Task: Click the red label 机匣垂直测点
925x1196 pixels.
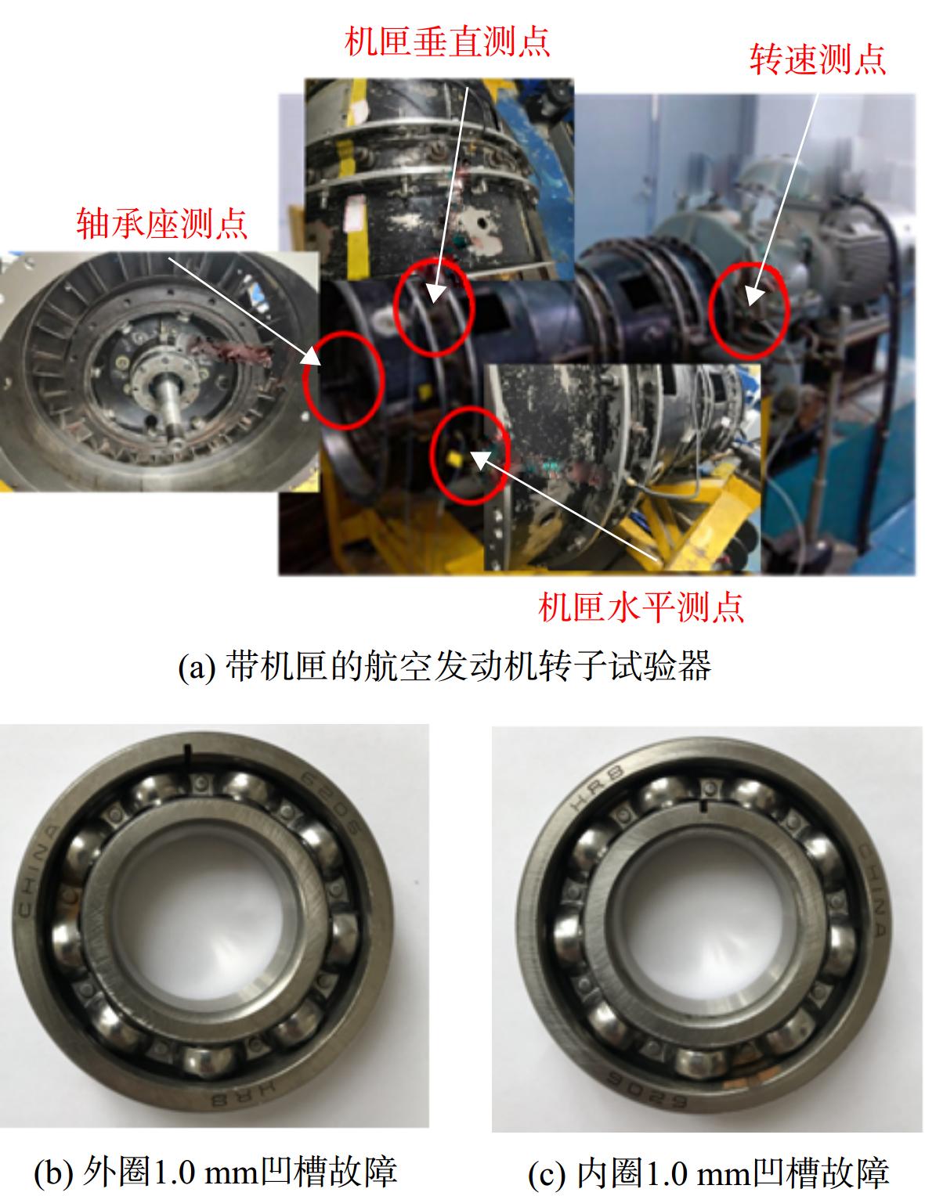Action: (446, 41)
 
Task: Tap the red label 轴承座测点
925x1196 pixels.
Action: (162, 223)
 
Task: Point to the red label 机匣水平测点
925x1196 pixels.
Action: (641, 607)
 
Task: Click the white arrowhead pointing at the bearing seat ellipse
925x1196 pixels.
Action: (312, 356)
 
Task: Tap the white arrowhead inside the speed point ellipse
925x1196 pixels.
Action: (753, 296)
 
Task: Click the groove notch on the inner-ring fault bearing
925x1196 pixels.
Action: (703, 806)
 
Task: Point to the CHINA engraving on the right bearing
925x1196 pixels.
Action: (876, 890)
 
